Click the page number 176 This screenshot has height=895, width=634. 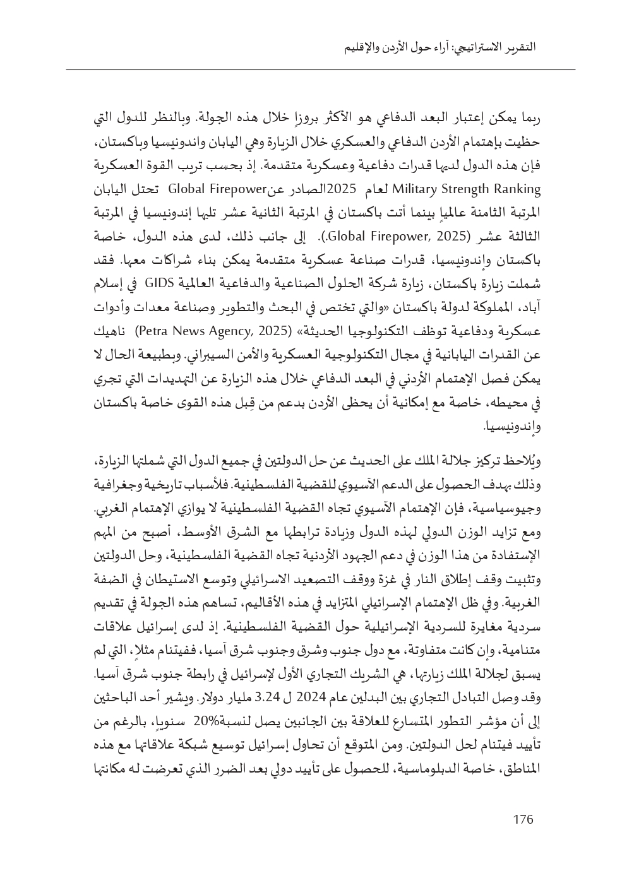point(523,820)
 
